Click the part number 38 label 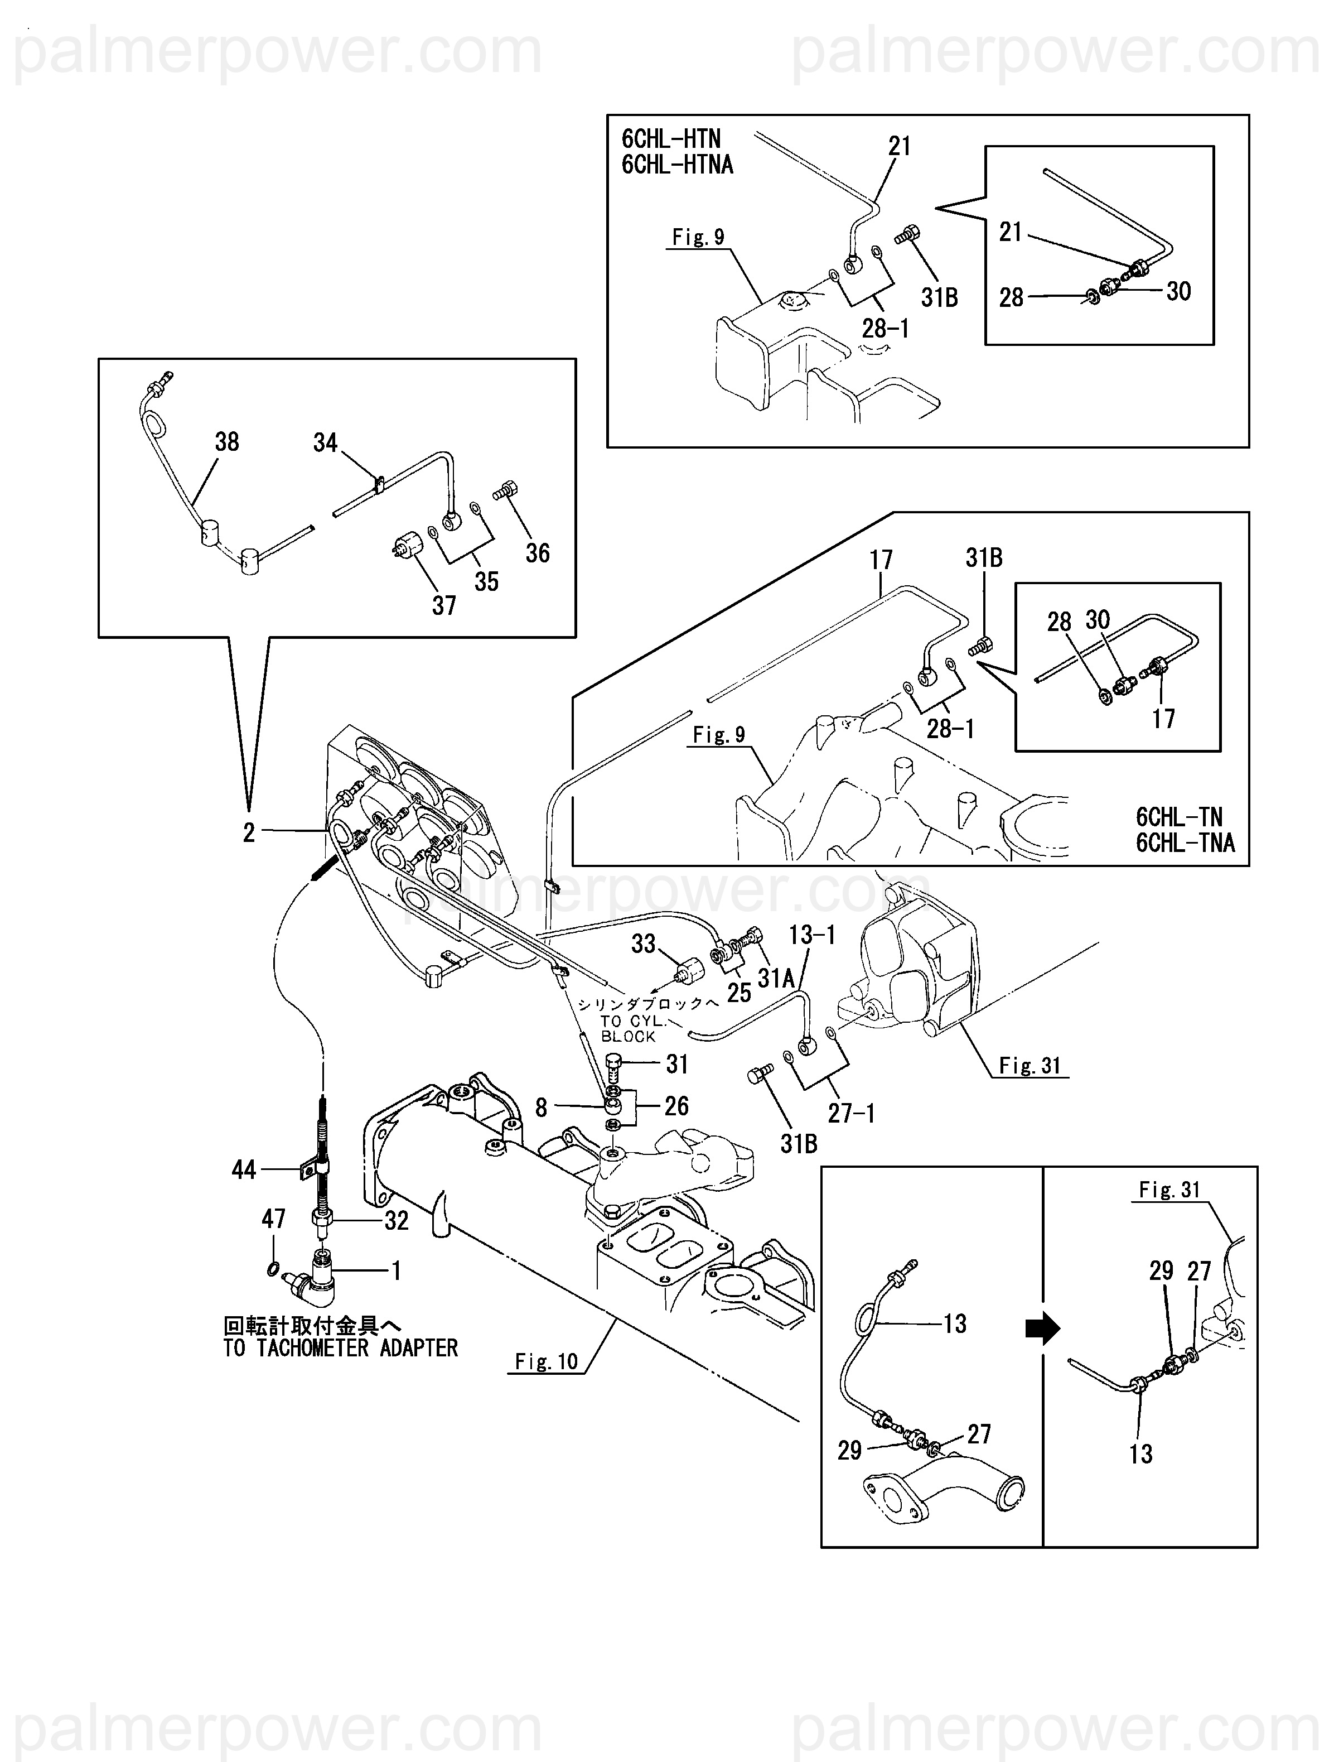[227, 442]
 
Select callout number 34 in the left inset [325, 443]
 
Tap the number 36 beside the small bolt [538, 553]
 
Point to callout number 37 [443, 605]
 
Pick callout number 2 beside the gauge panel [249, 833]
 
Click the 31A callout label [776, 978]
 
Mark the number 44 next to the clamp [244, 1169]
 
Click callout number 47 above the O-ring [273, 1218]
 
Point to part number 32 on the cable [396, 1220]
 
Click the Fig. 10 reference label [547, 1361]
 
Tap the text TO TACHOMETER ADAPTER [341, 1348]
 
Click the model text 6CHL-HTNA [677, 165]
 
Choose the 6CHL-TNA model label [1185, 843]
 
